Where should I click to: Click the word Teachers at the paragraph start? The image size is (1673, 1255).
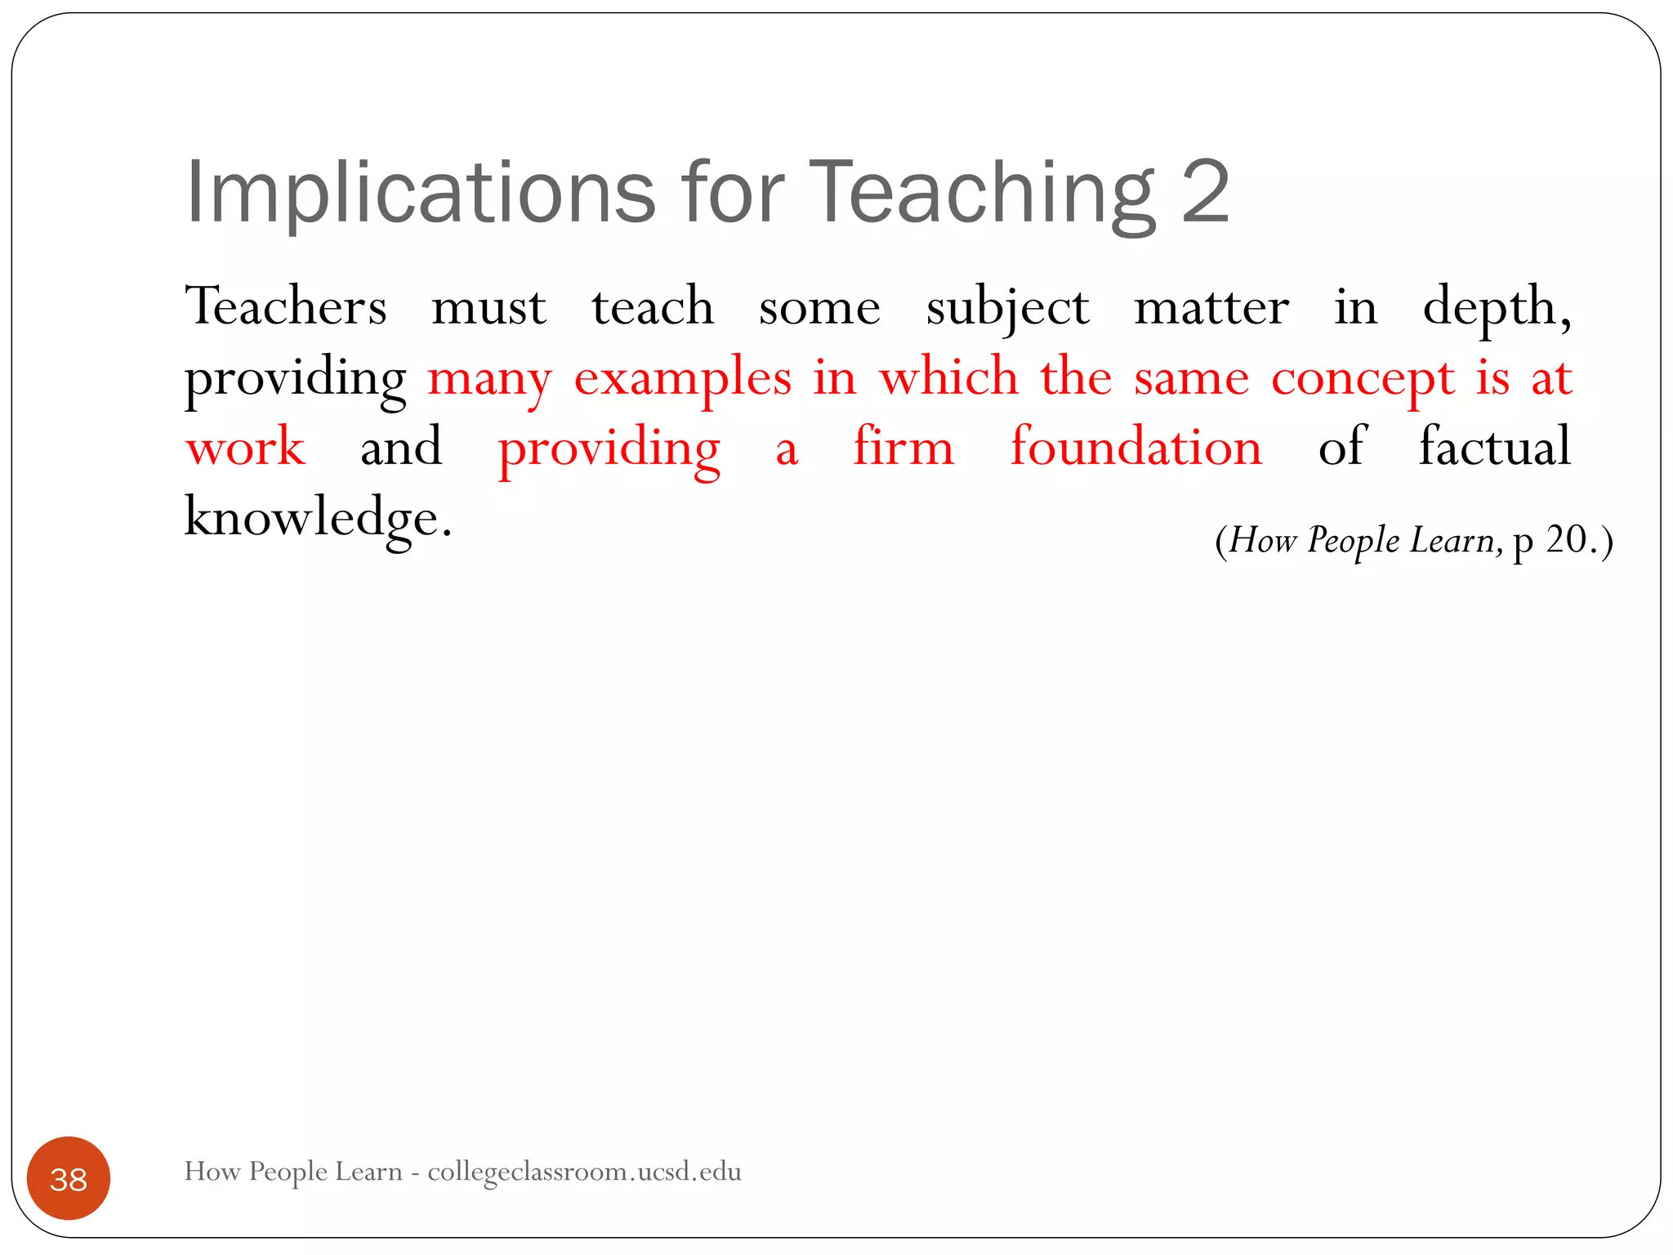tap(286, 307)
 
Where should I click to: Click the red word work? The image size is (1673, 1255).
tap(246, 448)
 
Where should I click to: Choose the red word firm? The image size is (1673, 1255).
tap(903, 448)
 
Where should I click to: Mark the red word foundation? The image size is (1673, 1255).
tap(1136, 448)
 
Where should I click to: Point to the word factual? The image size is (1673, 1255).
tap(1495, 448)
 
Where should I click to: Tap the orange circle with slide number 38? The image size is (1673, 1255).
tap(69, 1178)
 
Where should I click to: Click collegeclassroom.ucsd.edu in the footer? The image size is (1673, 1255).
tap(584, 1172)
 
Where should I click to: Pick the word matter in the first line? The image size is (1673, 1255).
tap(1211, 307)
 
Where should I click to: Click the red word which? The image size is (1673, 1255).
tap(948, 377)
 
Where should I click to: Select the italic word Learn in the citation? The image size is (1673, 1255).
tap(1452, 540)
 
